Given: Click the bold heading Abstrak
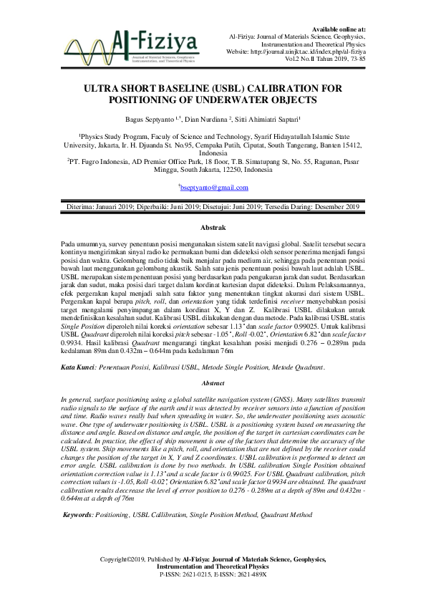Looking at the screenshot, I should coord(213,227).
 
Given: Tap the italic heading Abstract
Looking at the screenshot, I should coord(213,384).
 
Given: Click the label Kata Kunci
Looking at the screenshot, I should coord(78,367).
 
